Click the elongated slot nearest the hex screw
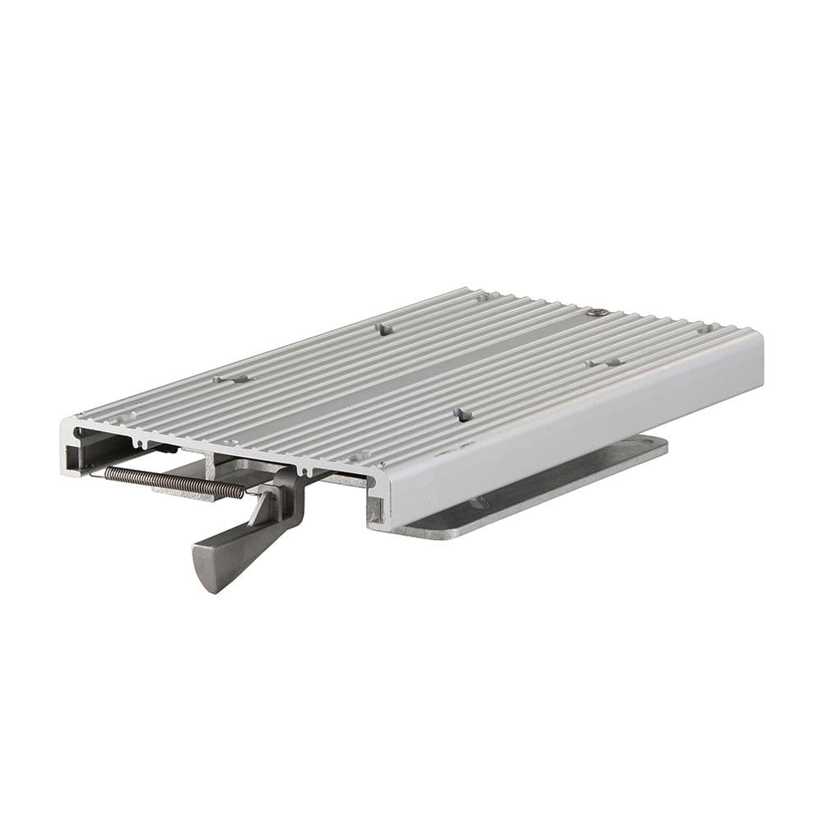click(x=605, y=362)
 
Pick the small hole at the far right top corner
click(x=705, y=328)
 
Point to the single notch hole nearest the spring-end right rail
click(x=359, y=454)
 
